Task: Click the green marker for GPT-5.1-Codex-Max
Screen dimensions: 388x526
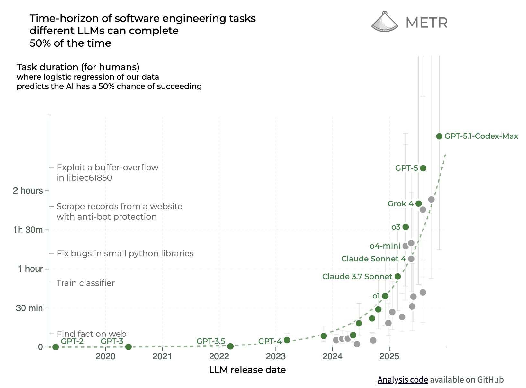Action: (439, 136)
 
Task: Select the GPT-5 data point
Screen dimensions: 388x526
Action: (423, 168)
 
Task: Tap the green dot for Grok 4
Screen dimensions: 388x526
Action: (419, 203)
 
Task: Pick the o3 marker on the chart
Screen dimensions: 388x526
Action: (406, 227)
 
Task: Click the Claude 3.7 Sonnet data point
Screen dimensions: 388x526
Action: (397, 277)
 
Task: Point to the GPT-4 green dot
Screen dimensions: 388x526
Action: (287, 340)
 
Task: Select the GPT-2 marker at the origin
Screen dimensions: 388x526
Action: (56, 347)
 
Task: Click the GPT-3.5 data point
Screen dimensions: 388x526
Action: (230, 346)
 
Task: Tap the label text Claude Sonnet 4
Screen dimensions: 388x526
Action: (373, 259)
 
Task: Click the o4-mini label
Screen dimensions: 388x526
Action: (385, 246)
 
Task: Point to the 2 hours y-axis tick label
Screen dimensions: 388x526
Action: (28, 191)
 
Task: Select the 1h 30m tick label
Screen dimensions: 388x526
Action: (28, 230)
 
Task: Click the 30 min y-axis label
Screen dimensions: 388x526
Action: (29, 308)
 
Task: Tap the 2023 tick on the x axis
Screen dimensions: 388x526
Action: (276, 356)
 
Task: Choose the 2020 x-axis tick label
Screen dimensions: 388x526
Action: (105, 356)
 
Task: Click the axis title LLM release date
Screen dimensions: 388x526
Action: (247, 370)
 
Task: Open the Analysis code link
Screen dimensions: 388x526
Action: (403, 380)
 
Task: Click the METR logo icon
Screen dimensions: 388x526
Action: (384, 22)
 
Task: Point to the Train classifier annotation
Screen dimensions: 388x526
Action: (85, 283)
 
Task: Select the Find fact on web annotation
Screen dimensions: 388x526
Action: (92, 334)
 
